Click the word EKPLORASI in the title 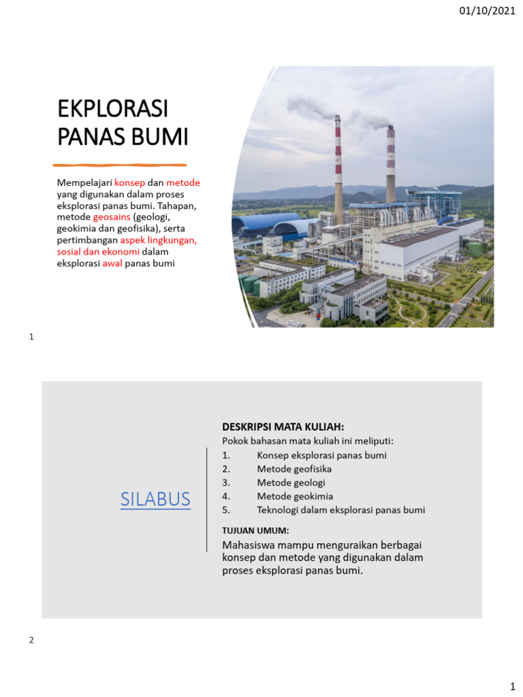point(112,110)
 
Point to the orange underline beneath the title point(120,165)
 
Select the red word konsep point(129,183)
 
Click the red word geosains point(112,216)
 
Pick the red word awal point(112,263)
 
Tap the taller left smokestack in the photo point(338,170)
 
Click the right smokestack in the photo point(390,163)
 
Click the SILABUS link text point(155,499)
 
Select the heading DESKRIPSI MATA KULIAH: point(283,427)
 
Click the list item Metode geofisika point(294,469)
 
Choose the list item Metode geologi point(291,483)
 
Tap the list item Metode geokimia point(295,496)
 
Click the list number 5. point(226,510)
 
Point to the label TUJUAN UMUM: point(255,530)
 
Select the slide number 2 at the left point(31,640)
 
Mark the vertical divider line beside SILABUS point(206,499)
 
